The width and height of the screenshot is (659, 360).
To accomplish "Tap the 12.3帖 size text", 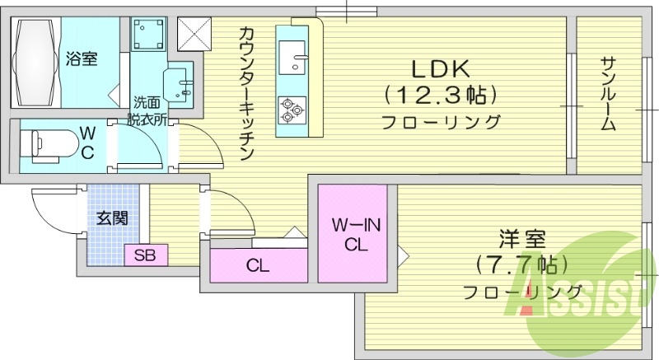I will (441, 96).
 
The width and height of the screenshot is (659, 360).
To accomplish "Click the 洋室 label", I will (522, 241).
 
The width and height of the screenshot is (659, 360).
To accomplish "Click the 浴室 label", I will (82, 58).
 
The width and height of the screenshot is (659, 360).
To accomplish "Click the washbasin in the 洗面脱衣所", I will (180, 86).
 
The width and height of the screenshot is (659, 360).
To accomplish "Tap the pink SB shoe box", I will (146, 255).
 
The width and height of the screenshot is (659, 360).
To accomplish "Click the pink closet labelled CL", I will (257, 266).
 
